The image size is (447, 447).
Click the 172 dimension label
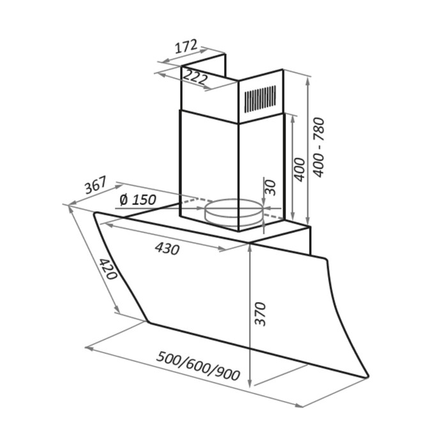186,47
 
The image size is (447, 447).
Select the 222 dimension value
194,77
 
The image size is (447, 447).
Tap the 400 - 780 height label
319,147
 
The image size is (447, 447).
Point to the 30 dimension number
271,187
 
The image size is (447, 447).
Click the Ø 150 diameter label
138,199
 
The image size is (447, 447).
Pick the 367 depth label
96,185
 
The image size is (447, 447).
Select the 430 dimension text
167,248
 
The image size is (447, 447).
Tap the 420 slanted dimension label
108,269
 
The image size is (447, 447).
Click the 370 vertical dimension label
260,314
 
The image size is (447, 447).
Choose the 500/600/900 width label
198,367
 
